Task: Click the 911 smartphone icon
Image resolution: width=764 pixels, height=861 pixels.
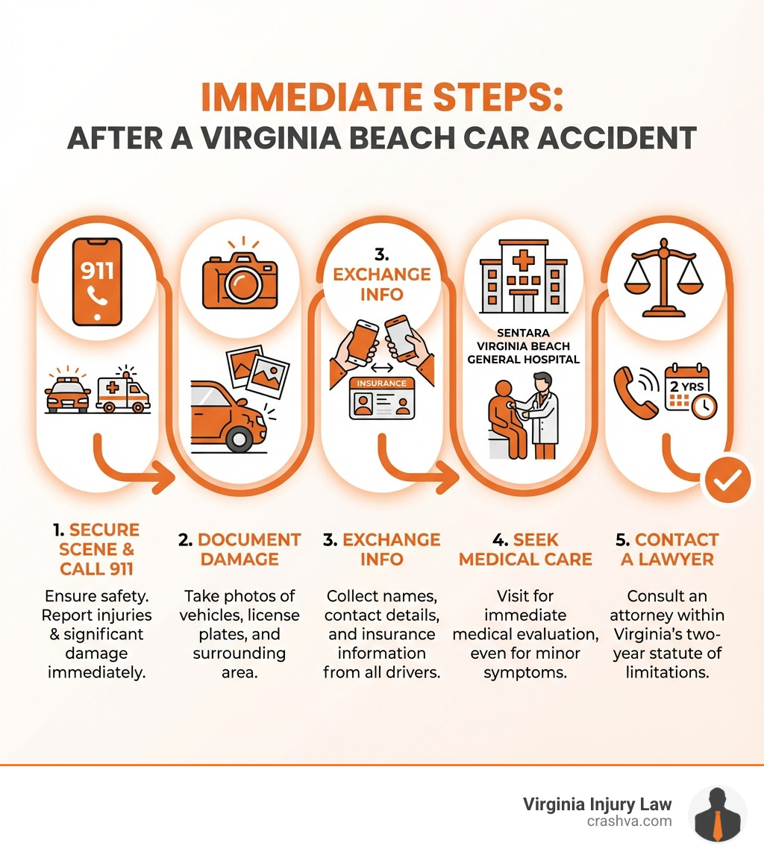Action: point(97,282)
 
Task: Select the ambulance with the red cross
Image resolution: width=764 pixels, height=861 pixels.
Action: point(123,392)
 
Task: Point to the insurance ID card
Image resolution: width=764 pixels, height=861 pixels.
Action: point(382,398)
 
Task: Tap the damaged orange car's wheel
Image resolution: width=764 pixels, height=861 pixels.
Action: point(239,438)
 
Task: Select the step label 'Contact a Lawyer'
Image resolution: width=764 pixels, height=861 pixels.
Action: point(669,549)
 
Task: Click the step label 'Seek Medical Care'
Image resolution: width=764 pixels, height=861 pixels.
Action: point(525,549)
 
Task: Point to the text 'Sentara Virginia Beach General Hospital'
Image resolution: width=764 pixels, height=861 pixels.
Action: point(523,347)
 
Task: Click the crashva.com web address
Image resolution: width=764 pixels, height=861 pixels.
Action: point(629,821)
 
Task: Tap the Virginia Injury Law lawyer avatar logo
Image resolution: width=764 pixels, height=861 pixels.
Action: point(717,814)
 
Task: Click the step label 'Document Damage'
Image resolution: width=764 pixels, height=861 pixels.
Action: point(239,549)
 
